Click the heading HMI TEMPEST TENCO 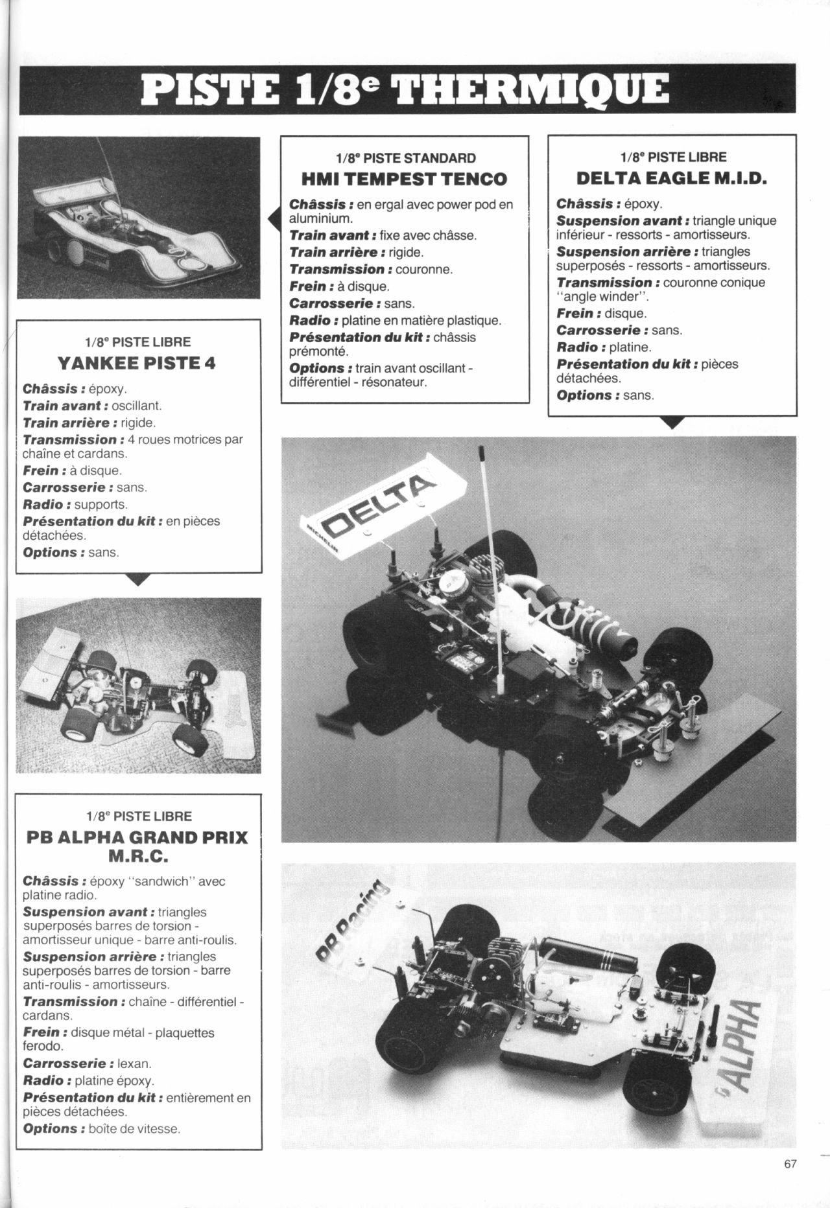[405, 178]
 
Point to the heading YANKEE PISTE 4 [136, 363]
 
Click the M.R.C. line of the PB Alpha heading [138, 856]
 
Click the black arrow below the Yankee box [139, 579]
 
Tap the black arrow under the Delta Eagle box [673, 423]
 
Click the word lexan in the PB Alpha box [135, 1063]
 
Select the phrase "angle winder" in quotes [603, 297]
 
